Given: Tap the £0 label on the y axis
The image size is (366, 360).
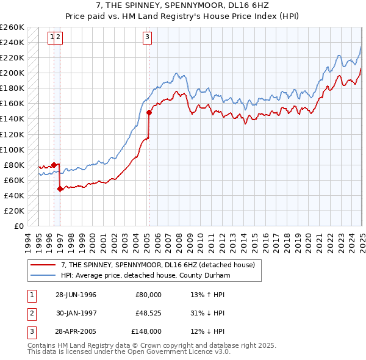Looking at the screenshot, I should (19, 226).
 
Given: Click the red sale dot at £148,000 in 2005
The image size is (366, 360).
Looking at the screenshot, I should (149, 112).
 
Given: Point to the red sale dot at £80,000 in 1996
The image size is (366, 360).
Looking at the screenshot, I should (54, 165).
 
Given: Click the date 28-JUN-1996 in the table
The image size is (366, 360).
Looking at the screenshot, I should (76, 295).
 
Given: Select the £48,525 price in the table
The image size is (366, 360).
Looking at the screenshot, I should (148, 314).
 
